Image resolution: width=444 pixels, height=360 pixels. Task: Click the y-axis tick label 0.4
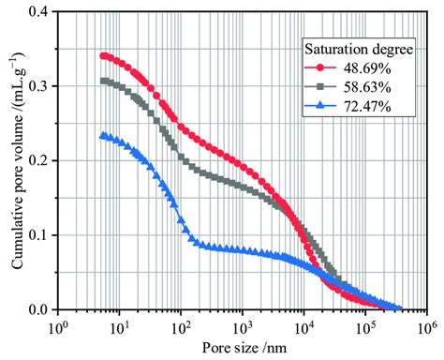point(40,11)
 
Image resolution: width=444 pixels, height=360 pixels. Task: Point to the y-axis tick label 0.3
point(40,85)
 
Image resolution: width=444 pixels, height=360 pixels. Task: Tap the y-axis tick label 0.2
point(40,160)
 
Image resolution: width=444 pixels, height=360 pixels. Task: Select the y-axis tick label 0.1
point(40,234)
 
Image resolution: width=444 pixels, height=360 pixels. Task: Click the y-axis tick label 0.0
point(40,309)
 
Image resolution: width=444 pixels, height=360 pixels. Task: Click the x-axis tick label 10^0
point(58,326)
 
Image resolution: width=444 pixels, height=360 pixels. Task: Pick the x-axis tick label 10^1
point(119,326)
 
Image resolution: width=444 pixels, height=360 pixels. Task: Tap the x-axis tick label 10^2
point(181,326)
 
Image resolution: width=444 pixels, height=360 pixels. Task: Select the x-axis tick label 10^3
point(242,326)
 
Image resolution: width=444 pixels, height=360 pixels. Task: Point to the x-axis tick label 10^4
point(303,326)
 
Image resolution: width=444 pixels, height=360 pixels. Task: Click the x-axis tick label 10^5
point(364,326)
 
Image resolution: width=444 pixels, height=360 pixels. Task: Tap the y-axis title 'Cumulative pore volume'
point(16,159)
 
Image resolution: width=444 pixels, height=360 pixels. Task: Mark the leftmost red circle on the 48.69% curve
point(104,55)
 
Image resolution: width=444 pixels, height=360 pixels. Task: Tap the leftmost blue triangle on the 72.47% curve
point(104,135)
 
